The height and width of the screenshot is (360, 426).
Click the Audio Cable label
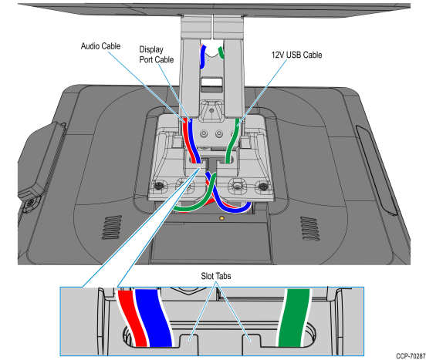pos(100,46)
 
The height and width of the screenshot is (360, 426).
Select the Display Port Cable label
pos(156,55)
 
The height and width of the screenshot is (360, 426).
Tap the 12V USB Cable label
pos(296,55)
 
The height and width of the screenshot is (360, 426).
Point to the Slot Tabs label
pos(216,276)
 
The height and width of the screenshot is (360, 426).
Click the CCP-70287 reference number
pos(411,355)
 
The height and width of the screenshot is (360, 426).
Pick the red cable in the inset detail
pos(133,318)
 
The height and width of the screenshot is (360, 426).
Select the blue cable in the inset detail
pos(154,318)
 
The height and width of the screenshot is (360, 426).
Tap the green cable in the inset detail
pos(294,318)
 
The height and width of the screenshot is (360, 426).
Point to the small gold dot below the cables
pos(221,218)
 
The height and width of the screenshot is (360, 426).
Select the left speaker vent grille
pos(111,227)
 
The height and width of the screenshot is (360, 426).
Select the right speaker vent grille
pos(309,228)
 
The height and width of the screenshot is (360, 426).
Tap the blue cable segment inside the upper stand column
pos(203,57)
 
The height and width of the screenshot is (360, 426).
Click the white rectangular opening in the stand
pos(211,82)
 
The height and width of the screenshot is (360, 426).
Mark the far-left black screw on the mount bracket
pos(158,186)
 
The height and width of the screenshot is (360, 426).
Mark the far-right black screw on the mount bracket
pos(262,187)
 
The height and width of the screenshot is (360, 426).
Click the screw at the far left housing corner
pos(30,202)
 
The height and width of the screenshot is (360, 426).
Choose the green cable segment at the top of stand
pos(221,52)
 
